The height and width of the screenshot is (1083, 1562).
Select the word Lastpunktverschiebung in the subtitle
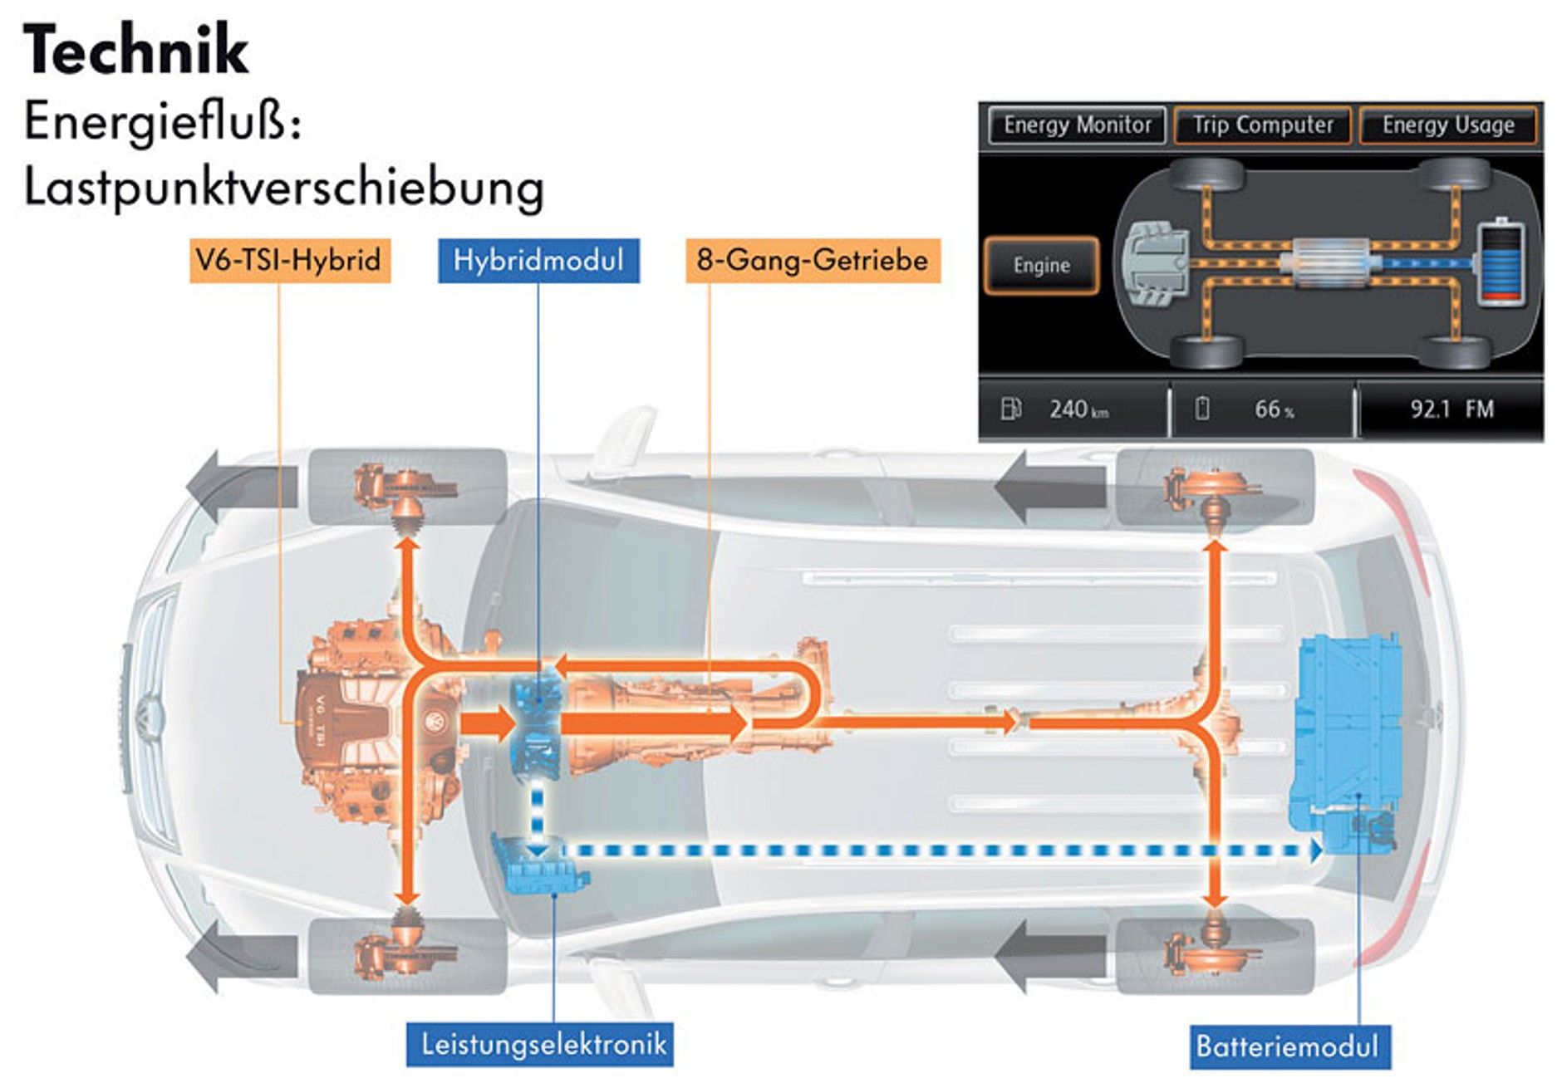(x=283, y=188)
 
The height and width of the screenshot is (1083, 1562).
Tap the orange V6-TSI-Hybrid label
(x=289, y=261)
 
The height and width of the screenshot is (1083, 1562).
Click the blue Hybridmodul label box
(x=538, y=261)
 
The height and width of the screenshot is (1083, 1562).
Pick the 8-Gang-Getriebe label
(x=812, y=261)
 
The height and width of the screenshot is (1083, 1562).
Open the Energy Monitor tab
(x=1077, y=125)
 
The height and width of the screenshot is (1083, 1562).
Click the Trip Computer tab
(x=1263, y=125)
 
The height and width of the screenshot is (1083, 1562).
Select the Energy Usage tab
(x=1448, y=125)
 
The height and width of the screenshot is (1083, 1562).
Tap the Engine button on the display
(x=1041, y=266)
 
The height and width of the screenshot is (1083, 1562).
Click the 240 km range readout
(x=1078, y=409)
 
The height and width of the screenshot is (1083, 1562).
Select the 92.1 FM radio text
(x=1451, y=409)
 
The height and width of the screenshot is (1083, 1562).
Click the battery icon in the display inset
(x=1502, y=262)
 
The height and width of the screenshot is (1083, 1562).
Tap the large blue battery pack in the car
(x=1346, y=739)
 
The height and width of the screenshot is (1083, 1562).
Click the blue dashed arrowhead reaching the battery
(x=1314, y=851)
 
